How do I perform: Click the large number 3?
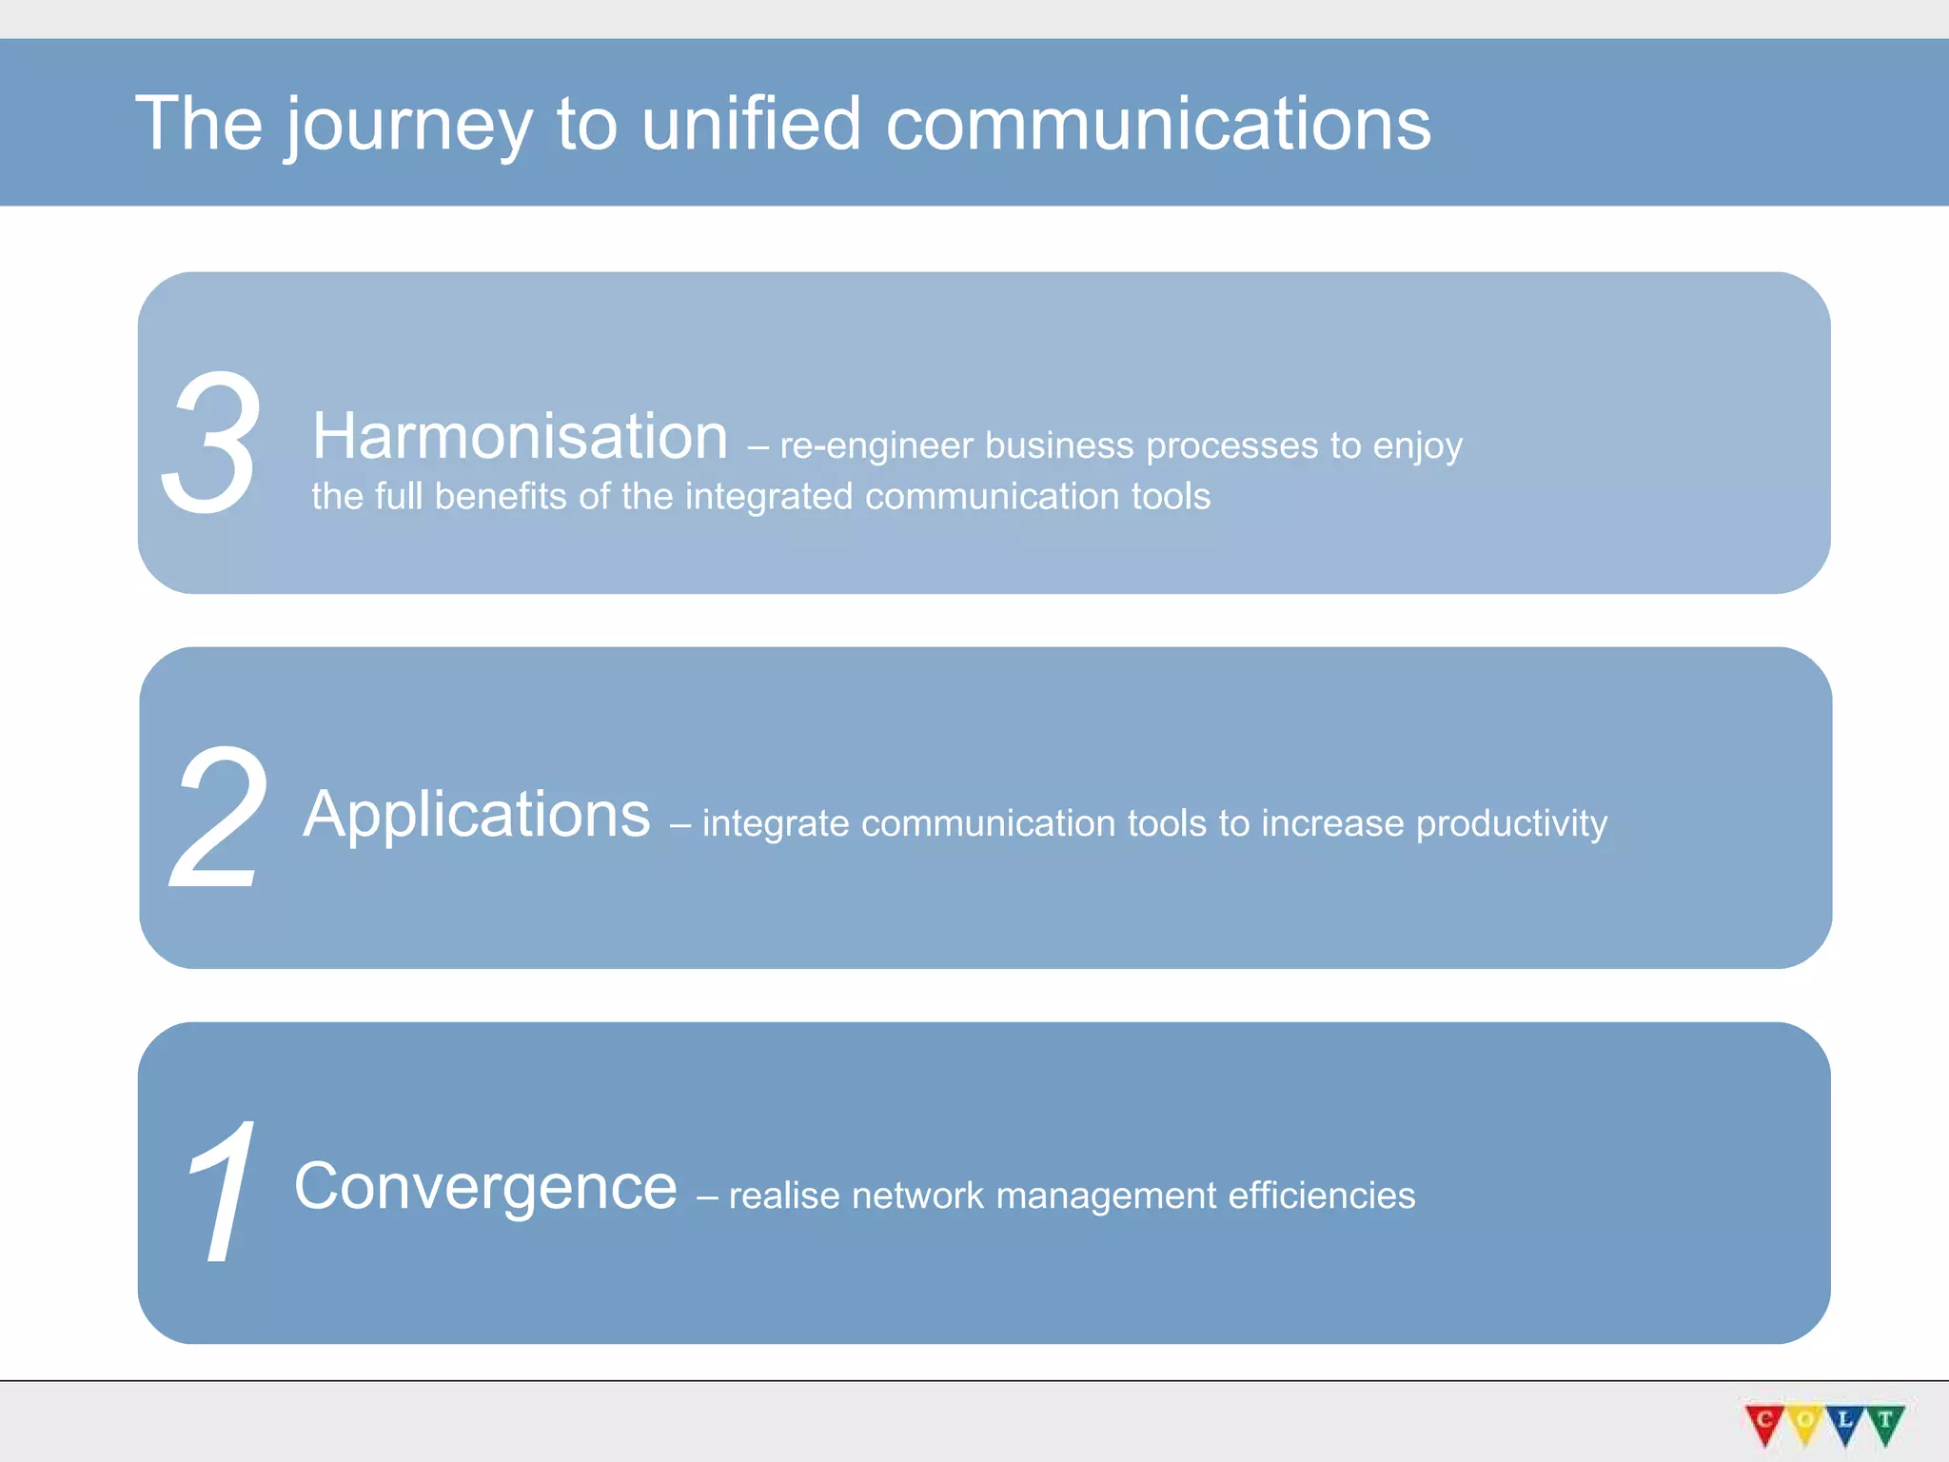[x=210, y=443]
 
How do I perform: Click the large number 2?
[x=220, y=817]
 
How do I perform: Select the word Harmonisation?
[x=520, y=436]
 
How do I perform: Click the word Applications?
[x=477, y=815]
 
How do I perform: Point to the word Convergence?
[x=485, y=1187]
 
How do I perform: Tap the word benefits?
[x=501, y=497]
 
